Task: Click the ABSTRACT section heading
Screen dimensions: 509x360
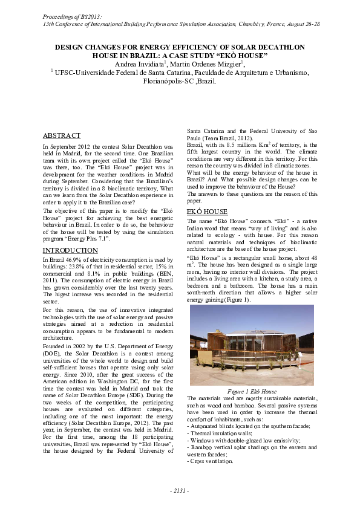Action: (x=62, y=136)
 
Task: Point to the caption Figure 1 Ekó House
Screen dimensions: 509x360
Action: (x=252, y=391)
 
